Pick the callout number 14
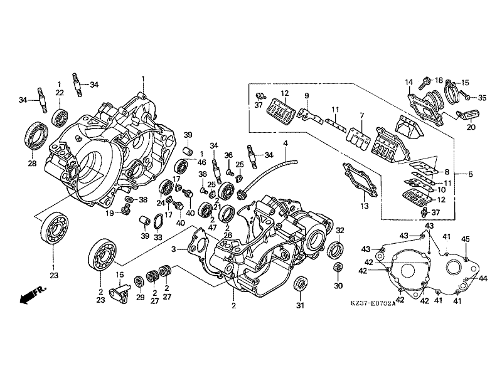click(x=408, y=82)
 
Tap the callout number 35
click(x=482, y=97)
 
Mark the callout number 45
click(x=466, y=239)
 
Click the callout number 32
click(x=340, y=231)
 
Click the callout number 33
click(x=157, y=237)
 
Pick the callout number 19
click(x=109, y=213)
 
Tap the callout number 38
click(x=143, y=201)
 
